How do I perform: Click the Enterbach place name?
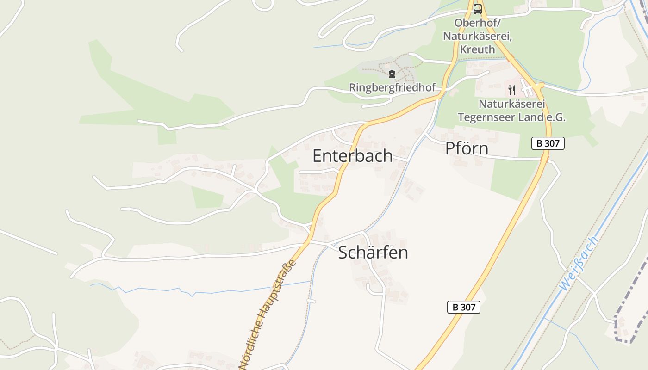[x=352, y=156]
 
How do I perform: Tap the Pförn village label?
[x=467, y=148]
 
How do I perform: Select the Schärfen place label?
[x=373, y=253]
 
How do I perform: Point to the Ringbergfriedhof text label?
[x=392, y=87]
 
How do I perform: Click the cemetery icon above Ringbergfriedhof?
[x=392, y=74]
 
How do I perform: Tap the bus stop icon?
[x=477, y=9]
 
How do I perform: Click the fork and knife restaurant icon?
[x=511, y=90]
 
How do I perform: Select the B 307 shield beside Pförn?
[x=548, y=143]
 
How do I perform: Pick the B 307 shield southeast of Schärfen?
[x=463, y=307]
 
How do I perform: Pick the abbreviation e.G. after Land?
[x=555, y=117]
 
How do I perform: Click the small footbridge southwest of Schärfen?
[x=311, y=301]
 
